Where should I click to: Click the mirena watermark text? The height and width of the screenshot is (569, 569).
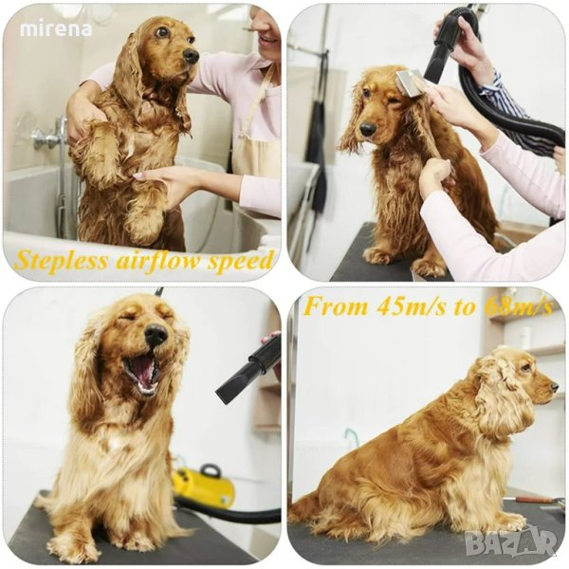[56, 29]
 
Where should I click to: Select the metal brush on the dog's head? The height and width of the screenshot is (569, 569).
[407, 83]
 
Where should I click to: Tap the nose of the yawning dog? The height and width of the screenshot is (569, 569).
[156, 334]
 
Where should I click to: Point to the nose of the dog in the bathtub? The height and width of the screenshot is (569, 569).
[191, 55]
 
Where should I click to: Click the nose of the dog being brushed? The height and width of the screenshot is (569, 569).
[368, 129]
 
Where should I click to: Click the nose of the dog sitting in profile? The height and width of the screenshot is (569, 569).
[554, 387]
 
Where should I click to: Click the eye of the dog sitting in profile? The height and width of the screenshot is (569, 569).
[524, 368]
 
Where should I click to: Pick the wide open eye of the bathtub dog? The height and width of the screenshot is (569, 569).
[162, 32]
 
